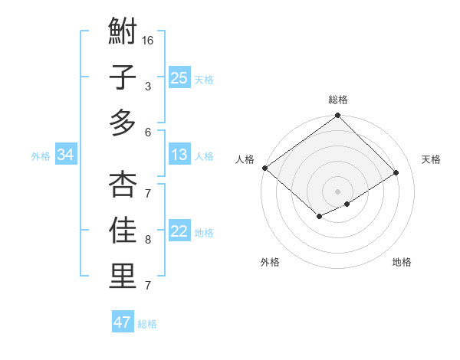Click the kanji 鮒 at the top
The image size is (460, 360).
tap(122, 32)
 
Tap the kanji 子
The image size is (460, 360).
tap(122, 78)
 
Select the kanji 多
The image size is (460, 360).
tap(122, 123)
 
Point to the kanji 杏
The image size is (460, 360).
tap(122, 184)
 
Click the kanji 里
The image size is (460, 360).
tap(122, 277)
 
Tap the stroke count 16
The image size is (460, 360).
tap(148, 40)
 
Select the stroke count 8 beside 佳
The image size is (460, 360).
tap(148, 240)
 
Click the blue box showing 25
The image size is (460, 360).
tap(179, 78)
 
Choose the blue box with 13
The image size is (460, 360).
tap(179, 155)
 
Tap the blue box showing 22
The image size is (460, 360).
tap(179, 232)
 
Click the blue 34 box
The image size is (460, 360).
tap(65, 155)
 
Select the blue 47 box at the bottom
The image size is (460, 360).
tap(123, 322)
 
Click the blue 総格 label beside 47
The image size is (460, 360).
tap(147, 324)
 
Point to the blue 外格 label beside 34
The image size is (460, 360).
tap(41, 156)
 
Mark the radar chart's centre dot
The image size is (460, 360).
tap(337, 191)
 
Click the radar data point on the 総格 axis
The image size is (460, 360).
tap(337, 116)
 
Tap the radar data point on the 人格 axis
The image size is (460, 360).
tap(264, 168)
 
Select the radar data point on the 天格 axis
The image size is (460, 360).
tap(396, 172)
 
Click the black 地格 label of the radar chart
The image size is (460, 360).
tap(402, 263)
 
